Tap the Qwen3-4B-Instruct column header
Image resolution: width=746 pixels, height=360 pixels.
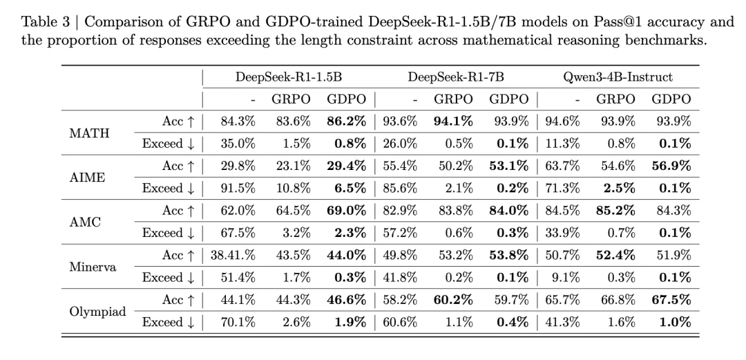click(617, 77)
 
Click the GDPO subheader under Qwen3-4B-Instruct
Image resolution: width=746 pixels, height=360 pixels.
click(671, 100)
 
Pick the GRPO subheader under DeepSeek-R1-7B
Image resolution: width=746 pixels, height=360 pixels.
click(454, 100)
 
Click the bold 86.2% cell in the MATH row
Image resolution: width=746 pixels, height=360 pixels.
click(347, 122)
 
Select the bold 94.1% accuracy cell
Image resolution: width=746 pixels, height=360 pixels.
click(453, 122)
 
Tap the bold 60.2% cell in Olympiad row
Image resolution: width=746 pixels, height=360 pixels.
click(453, 301)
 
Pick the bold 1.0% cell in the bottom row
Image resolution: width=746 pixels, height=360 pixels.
click(674, 323)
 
